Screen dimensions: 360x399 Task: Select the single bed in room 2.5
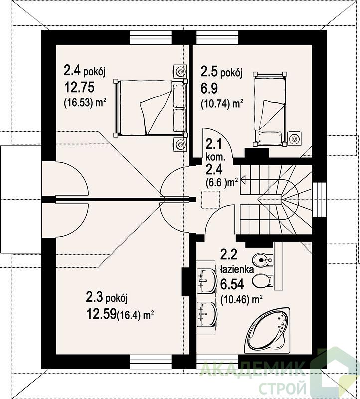pos(270,109)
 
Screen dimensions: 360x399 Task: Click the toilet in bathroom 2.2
pos(263,281)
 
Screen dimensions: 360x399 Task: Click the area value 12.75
pos(79,88)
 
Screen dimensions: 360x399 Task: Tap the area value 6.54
pos(232,284)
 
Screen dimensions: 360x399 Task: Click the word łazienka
pos(237,269)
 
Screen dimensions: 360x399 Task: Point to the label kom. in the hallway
pos(216,157)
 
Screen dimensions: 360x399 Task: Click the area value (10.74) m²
pos(222,104)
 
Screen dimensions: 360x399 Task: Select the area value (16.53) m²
pos(85,103)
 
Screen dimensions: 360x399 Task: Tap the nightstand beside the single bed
pos(295,139)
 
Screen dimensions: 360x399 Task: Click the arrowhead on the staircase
pos(243,180)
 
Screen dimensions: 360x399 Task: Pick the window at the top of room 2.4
pos(151,38)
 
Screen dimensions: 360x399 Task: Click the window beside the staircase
pos(319,199)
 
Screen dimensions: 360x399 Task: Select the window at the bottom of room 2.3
pos(151,362)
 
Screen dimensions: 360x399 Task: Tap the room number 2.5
pos(209,71)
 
